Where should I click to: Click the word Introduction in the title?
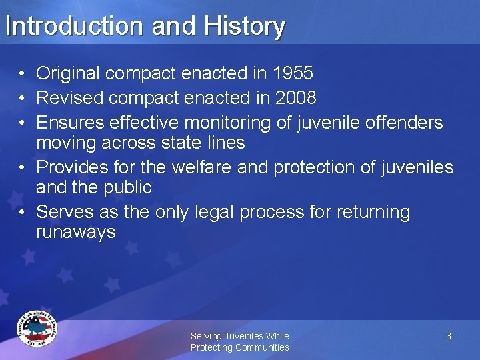pyautogui.click(x=75, y=27)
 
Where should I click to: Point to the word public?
pyautogui.click(x=127, y=187)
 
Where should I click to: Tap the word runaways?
pyautogui.click(x=76, y=232)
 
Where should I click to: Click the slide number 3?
pyautogui.click(x=449, y=336)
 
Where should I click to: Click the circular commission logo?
pyautogui.click(x=37, y=329)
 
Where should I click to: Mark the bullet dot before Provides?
pyautogui.click(x=23, y=167)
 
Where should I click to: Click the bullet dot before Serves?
pyautogui.click(x=23, y=212)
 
